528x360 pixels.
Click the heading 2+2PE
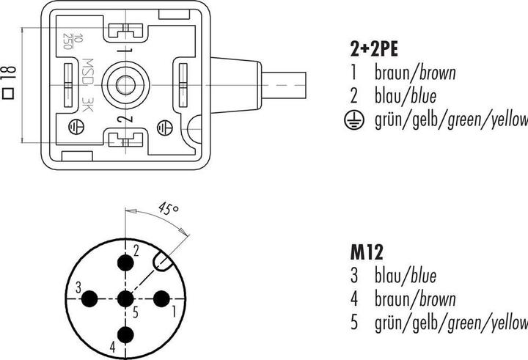(x=374, y=49)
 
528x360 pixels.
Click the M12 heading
(x=367, y=252)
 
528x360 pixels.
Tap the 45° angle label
(x=169, y=209)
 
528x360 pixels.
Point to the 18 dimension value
(x=10, y=73)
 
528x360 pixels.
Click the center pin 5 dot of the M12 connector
(x=125, y=298)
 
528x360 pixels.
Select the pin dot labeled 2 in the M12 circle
(x=125, y=262)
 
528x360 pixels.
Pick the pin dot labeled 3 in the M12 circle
(x=89, y=298)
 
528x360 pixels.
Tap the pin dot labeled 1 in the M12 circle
(x=161, y=298)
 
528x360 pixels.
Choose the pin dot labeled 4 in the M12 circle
(x=125, y=335)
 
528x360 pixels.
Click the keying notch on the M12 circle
(x=163, y=262)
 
